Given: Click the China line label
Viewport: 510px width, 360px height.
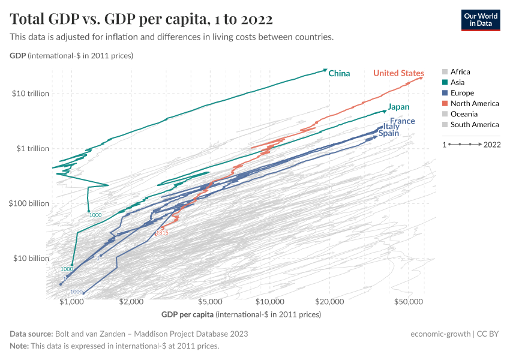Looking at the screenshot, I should click(x=339, y=73).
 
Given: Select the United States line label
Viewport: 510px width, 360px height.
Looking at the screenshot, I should click(x=398, y=73).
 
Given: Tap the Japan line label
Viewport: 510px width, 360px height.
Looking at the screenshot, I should click(x=398, y=107).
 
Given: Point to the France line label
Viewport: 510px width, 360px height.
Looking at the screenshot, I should click(x=403, y=121).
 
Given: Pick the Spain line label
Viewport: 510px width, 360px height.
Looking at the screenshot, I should click(x=388, y=133).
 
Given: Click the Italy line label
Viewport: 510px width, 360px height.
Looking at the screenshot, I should click(x=391, y=127).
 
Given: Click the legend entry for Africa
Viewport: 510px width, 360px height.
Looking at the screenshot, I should click(x=460, y=71).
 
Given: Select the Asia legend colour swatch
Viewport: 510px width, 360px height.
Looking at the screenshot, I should click(x=445, y=82).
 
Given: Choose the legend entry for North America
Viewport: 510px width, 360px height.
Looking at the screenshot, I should click(x=474, y=103).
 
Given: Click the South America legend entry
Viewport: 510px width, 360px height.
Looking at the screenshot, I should click(x=474, y=125).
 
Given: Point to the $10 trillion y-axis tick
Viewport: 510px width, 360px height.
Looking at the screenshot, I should click(x=29, y=94).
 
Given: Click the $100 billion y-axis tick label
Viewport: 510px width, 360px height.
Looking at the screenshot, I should click(x=29, y=203).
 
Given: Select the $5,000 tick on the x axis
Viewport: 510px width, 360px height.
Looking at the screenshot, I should click(x=210, y=302).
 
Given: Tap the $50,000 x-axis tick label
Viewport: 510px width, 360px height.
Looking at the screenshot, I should click(x=409, y=302).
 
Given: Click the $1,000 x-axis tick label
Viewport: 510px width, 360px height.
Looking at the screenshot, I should click(x=71, y=302).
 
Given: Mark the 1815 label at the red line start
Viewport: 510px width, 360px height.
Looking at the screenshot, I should click(x=162, y=233).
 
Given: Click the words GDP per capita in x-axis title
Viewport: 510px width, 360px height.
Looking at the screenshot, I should click(x=187, y=314).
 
